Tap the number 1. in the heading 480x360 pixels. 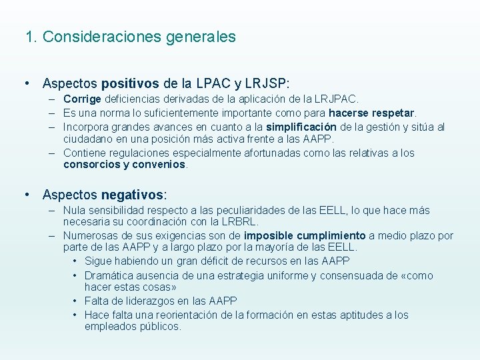tap(31, 37)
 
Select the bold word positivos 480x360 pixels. tap(130, 84)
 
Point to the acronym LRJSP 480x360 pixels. tap(267, 84)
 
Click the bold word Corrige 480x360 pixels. tap(81, 99)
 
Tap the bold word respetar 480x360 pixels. tap(391, 113)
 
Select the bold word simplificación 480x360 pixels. tap(301, 127)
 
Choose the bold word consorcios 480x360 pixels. tap(91, 165)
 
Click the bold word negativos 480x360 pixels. tap(132, 195)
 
